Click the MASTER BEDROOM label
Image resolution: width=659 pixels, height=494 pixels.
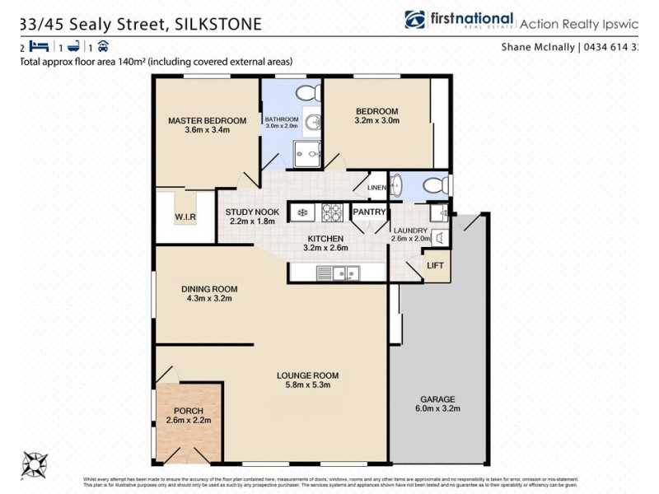[199, 120]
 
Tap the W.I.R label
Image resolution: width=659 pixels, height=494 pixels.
[183, 217]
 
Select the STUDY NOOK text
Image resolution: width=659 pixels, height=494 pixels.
[252, 212]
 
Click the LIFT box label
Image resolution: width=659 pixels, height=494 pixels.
[436, 265]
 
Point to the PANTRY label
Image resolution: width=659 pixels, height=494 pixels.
[369, 212]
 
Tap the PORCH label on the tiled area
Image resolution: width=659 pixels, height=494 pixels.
[189, 411]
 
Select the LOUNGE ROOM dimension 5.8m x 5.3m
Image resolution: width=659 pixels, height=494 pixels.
[307, 384]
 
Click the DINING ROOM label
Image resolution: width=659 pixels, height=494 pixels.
[209, 288]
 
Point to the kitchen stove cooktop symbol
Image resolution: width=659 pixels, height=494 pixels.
[331, 212]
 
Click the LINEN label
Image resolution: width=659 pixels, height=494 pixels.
[376, 187]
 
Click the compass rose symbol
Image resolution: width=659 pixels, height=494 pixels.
[35, 464]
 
